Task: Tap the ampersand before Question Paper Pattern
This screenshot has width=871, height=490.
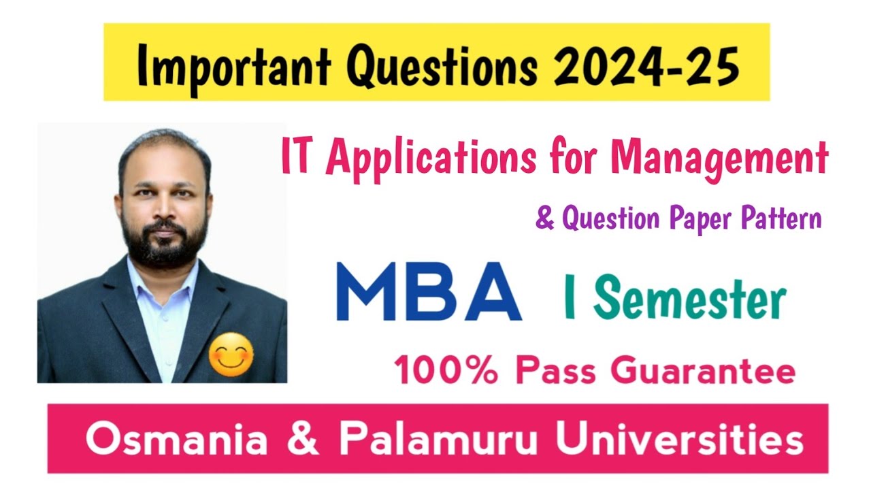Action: point(545,220)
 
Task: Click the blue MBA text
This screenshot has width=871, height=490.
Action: point(429,293)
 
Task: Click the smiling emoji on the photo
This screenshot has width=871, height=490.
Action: point(231,356)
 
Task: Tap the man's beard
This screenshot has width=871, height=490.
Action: point(165,245)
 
